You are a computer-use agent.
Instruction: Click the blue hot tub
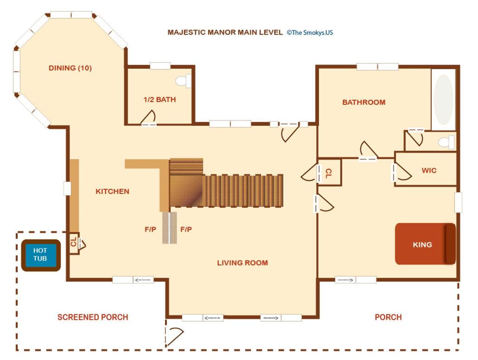point(41,255)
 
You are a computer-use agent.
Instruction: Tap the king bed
point(425,244)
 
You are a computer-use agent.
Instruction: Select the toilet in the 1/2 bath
point(183,81)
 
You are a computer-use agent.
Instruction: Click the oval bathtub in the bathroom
point(443,100)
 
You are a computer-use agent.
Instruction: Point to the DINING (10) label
point(70,68)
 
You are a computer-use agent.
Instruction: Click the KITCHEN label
point(113,191)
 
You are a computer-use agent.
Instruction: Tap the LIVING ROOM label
point(242,263)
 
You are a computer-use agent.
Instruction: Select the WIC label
point(429,170)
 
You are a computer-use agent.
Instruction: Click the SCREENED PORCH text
point(93,317)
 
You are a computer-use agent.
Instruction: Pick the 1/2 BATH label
point(159,99)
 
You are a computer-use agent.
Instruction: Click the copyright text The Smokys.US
point(310,32)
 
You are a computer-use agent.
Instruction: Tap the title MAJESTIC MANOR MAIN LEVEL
point(225,32)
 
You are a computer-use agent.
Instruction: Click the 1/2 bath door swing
point(149,117)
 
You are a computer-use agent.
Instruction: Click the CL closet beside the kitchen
point(73,243)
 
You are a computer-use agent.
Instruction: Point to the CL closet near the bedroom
point(329,173)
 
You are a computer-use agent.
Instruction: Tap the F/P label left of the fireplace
point(150,230)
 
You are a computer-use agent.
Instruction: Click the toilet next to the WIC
point(446,142)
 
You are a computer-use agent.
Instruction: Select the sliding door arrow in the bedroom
point(345,280)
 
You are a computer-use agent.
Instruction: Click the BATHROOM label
point(363,102)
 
